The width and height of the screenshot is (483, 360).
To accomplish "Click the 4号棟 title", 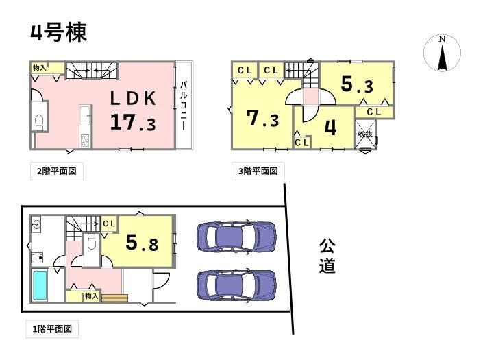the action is [58, 32].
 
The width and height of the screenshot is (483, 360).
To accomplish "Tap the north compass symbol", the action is [442, 53].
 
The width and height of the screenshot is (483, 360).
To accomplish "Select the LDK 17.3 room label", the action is [133, 111].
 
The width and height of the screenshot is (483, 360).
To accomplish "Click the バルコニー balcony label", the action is [184, 106].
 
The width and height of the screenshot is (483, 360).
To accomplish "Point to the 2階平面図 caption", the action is [57, 171].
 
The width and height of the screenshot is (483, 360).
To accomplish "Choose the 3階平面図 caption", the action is [258, 171].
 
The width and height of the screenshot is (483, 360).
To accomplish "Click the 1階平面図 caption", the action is [52, 329].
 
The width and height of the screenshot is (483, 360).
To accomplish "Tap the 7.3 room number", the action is [263, 119].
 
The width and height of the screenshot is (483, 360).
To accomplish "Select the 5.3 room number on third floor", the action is [358, 84].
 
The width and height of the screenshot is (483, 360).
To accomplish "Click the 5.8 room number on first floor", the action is [142, 242].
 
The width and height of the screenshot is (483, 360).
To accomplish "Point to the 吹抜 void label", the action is [365, 134].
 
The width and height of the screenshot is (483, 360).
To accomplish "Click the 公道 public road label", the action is [327, 256].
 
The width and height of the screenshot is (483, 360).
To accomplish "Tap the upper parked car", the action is [236, 237].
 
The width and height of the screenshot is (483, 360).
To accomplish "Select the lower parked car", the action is [236, 285].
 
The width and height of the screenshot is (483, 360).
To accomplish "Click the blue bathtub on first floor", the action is [40, 285].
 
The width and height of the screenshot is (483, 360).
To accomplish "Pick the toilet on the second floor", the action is [39, 123].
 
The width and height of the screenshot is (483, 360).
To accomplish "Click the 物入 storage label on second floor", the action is [40, 67].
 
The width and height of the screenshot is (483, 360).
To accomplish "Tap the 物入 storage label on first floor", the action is [92, 296].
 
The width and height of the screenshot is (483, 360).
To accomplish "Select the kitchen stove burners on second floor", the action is [85, 141].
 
